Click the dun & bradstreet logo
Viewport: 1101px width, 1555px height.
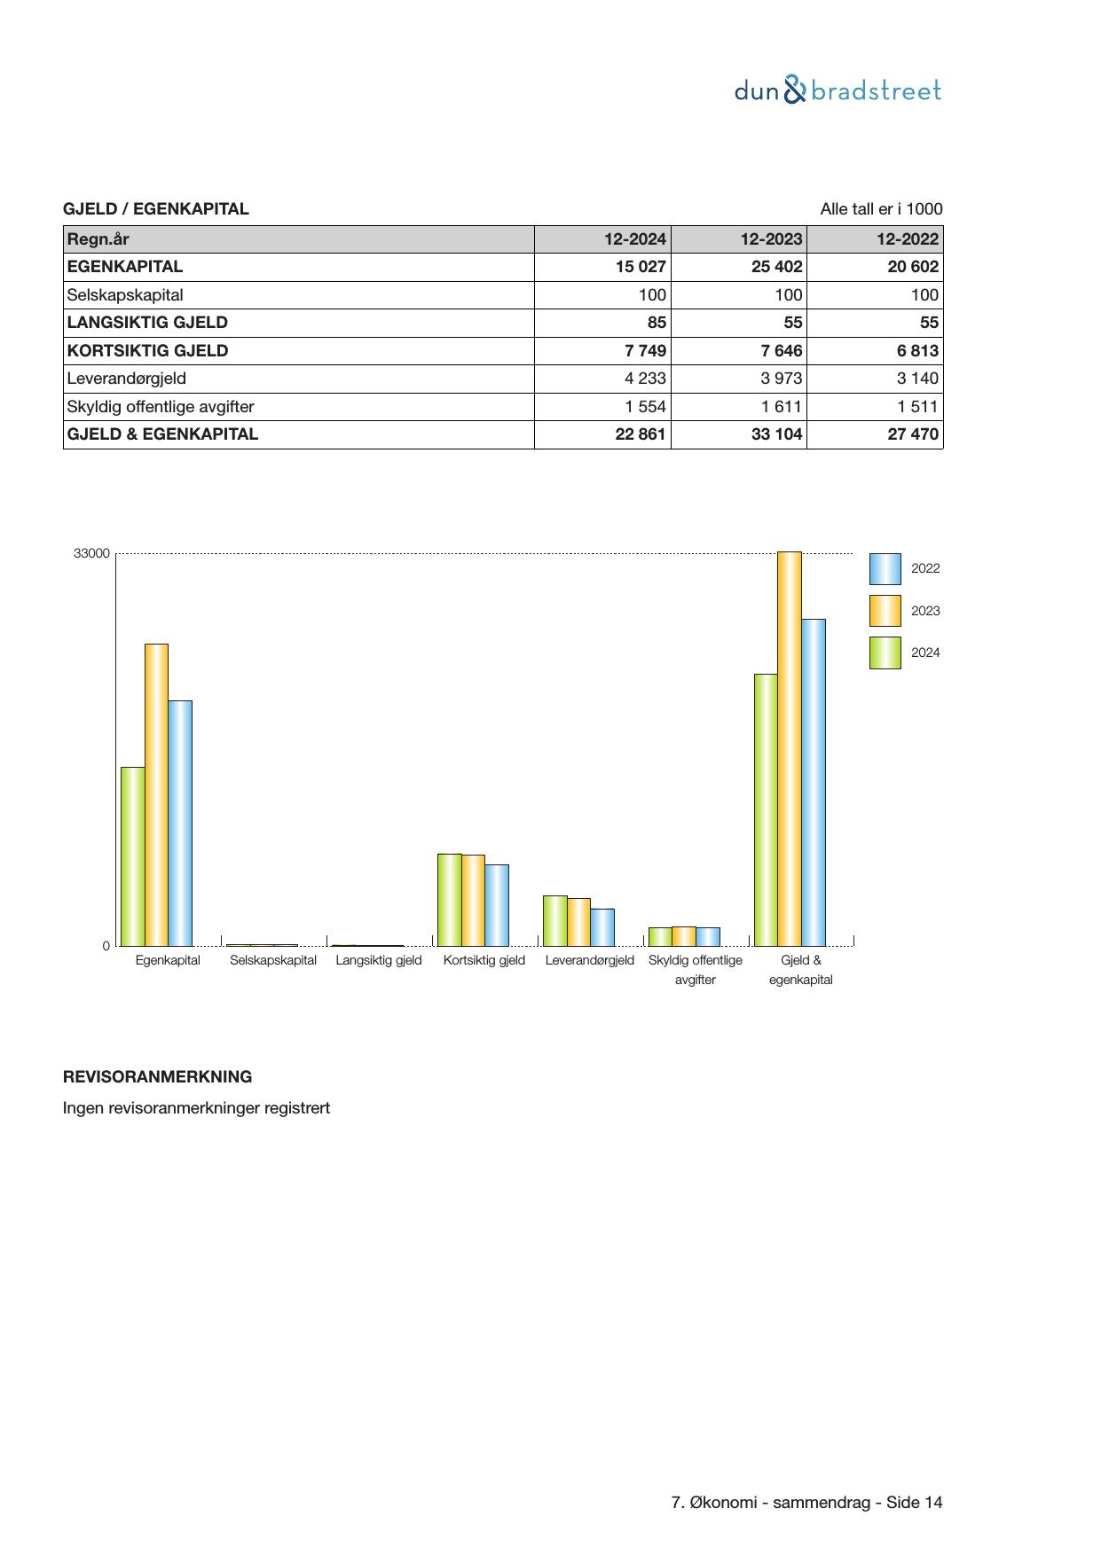(x=838, y=90)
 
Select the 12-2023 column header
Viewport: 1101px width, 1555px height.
(x=771, y=238)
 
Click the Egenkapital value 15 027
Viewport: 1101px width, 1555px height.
(x=641, y=267)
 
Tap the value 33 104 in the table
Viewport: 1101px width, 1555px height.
(x=776, y=434)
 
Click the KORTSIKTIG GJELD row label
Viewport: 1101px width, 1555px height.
(x=147, y=350)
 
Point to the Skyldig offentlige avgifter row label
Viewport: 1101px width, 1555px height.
(x=161, y=407)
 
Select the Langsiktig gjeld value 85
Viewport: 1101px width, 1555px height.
(x=657, y=323)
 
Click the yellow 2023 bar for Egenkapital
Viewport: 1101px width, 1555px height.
(x=156, y=794)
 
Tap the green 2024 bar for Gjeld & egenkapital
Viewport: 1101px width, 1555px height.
(x=766, y=809)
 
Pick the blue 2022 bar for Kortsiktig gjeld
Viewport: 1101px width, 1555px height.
(x=497, y=904)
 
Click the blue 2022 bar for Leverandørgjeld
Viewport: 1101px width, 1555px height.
(x=602, y=926)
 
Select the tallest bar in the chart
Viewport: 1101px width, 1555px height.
(x=790, y=748)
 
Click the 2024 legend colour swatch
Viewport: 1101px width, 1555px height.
(x=885, y=652)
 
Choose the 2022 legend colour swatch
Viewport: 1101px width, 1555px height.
(x=885, y=568)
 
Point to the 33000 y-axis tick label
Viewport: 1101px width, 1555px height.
(x=91, y=553)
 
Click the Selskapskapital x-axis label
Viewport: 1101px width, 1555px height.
(x=273, y=960)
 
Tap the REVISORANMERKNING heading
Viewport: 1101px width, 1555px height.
(x=157, y=1077)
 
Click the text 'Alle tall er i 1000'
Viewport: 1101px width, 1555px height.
(x=881, y=209)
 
